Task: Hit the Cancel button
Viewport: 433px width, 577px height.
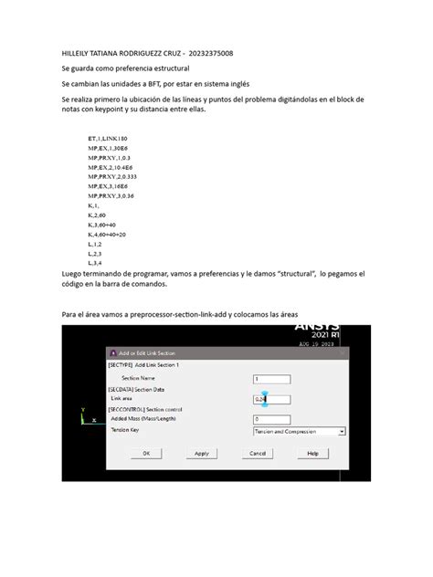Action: pos(257,453)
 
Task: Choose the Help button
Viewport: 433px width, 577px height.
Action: pos(312,453)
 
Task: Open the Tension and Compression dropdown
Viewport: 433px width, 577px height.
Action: pos(298,430)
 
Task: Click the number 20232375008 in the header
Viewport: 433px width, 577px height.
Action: pos(216,54)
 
